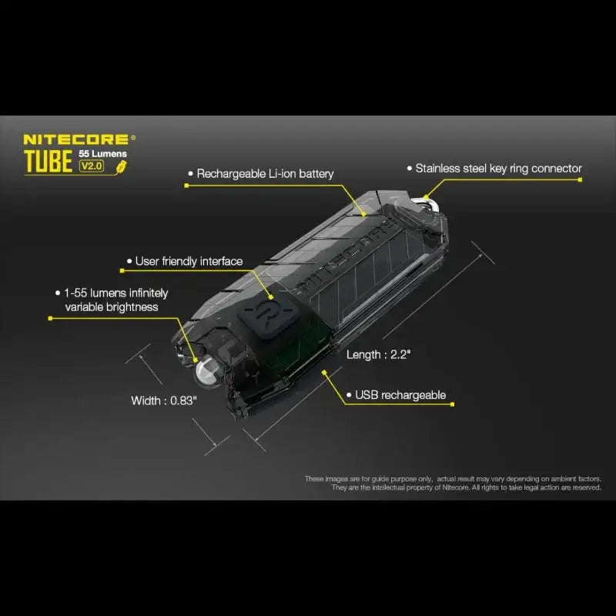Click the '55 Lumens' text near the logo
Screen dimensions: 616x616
[103, 154]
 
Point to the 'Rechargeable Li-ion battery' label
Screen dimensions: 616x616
[265, 174]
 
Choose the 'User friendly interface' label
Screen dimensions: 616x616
[189, 262]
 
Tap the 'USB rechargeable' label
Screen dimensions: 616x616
[400, 395]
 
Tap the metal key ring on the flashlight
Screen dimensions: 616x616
[426, 202]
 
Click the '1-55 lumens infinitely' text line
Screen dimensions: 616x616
[116, 293]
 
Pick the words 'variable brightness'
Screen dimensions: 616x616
[112, 307]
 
